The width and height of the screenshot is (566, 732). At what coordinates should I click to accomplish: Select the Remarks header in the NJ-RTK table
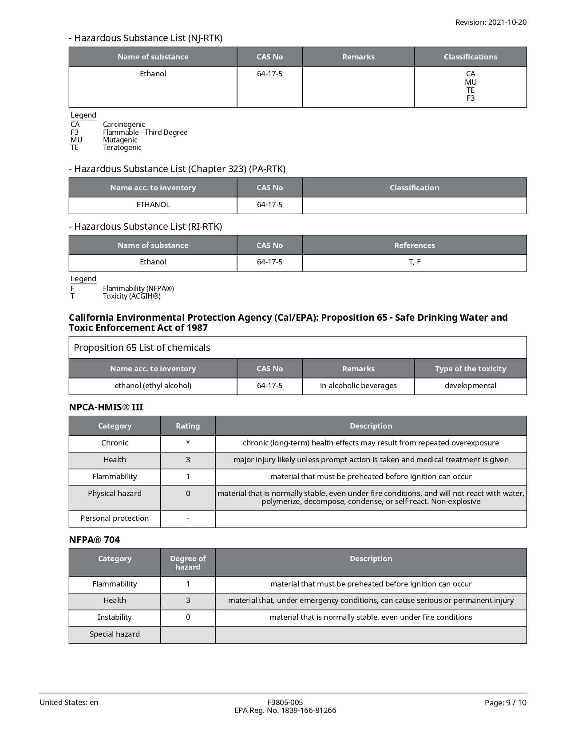click(358, 57)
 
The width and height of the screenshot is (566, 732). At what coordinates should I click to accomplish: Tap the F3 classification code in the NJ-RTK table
click(471, 98)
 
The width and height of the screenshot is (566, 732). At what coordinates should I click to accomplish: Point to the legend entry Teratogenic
click(122, 147)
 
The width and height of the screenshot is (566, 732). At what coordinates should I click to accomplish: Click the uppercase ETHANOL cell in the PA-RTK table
click(153, 205)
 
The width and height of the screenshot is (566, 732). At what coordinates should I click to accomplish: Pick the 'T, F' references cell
click(415, 262)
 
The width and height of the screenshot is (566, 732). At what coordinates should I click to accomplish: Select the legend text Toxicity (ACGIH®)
click(131, 296)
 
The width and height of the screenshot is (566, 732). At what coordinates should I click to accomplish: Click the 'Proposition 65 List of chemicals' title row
click(142, 347)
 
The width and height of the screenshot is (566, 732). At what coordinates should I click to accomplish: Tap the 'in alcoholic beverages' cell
click(358, 386)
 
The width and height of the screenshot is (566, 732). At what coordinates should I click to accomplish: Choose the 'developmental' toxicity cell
click(471, 386)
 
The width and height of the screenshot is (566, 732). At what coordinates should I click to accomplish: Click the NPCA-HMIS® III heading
click(106, 407)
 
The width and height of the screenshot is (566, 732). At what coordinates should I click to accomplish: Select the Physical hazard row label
click(115, 493)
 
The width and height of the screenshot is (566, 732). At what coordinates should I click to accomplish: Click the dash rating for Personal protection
click(188, 518)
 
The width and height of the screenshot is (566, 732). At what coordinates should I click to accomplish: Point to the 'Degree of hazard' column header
click(188, 563)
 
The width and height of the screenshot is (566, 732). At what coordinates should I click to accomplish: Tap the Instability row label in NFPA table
click(115, 617)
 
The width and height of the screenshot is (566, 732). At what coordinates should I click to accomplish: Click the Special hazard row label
click(115, 634)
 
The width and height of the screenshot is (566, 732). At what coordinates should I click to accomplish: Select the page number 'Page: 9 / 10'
click(505, 702)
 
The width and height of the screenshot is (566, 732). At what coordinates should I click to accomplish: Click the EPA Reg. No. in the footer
click(285, 710)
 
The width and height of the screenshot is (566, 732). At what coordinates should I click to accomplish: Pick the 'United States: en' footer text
click(69, 702)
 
